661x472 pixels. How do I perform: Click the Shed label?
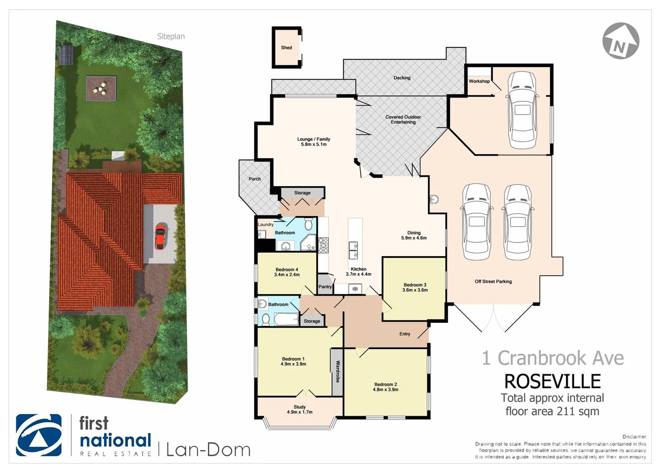[286, 48]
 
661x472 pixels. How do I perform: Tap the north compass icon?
[620, 41]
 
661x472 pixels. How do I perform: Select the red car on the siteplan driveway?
[160, 236]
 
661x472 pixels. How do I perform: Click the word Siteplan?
[171, 36]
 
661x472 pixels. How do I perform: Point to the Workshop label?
[479, 81]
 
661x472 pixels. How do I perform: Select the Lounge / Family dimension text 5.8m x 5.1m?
[313, 145]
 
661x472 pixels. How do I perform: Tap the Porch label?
[254, 179]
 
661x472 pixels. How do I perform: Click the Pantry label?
[325, 287]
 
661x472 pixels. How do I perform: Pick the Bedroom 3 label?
[415, 285]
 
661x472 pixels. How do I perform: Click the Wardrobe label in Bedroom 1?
[337, 371]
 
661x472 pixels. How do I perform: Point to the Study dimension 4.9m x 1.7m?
[299, 412]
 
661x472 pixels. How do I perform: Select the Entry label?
[405, 334]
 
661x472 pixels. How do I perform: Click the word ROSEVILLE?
[552, 382]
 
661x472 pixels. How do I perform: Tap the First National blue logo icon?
[38, 435]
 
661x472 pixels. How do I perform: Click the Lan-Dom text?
[208, 450]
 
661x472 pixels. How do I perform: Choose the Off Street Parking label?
[493, 281]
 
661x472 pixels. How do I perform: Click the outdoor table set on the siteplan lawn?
[101, 89]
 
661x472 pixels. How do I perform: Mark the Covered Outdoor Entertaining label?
[403, 120]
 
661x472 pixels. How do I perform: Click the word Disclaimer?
[634, 437]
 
